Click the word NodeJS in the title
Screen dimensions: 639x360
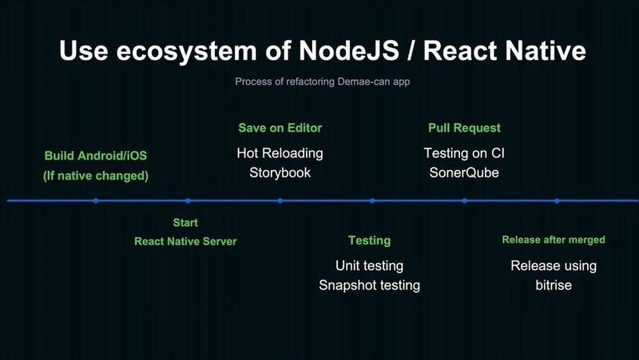click(349, 50)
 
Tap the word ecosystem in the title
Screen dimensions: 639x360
click(187, 52)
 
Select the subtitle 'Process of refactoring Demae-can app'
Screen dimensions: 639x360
click(323, 81)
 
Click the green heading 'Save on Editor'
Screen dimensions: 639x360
click(280, 128)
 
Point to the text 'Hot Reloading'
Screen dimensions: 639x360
click(280, 153)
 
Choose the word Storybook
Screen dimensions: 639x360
click(280, 172)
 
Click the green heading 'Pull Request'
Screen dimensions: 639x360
click(464, 128)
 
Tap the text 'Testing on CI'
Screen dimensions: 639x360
click(464, 153)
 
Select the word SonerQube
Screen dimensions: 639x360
click(464, 172)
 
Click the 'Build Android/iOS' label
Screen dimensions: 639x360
click(96, 156)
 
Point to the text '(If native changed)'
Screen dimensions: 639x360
click(96, 176)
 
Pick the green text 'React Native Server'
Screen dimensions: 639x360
click(185, 241)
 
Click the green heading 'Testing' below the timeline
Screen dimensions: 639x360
click(369, 241)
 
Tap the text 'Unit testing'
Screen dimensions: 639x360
click(369, 266)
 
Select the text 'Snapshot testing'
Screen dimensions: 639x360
click(369, 285)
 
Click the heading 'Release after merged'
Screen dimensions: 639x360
click(554, 239)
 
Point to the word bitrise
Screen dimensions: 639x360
click(554, 285)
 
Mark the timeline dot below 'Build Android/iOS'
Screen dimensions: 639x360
click(96, 201)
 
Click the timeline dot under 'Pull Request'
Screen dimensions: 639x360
click(465, 201)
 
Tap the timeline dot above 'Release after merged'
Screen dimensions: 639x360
click(557, 201)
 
